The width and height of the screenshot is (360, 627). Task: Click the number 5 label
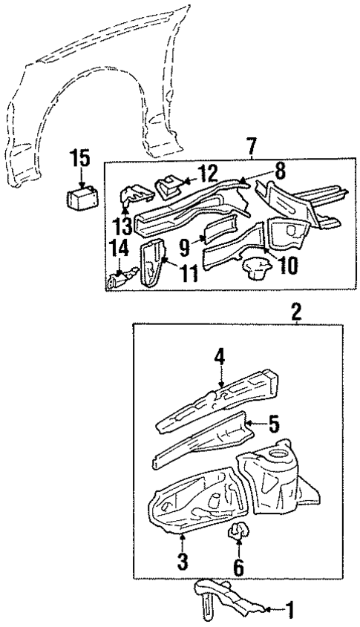click(x=273, y=424)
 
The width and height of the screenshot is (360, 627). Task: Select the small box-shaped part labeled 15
click(x=79, y=200)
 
